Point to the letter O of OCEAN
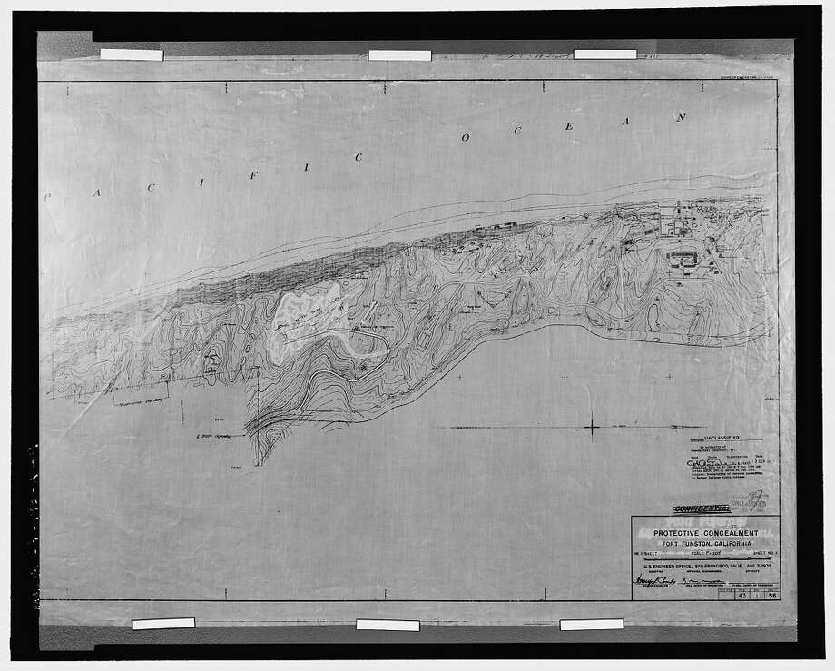[x=466, y=139]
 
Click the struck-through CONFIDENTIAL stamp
[x=701, y=509]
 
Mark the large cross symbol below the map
[x=590, y=426]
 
